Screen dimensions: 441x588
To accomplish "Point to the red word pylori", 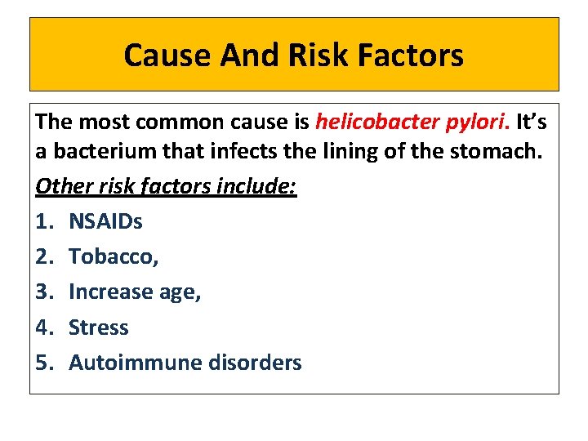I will coord(477,122).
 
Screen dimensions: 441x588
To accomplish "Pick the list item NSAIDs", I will coord(105,220).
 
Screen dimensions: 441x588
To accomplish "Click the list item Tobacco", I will coord(114,256).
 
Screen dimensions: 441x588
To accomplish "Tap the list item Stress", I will coord(98,327).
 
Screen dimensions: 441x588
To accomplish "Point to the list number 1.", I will coord(43,220).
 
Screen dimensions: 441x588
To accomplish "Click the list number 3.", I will coord(43,292).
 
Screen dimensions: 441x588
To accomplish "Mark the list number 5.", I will coord(43,363).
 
